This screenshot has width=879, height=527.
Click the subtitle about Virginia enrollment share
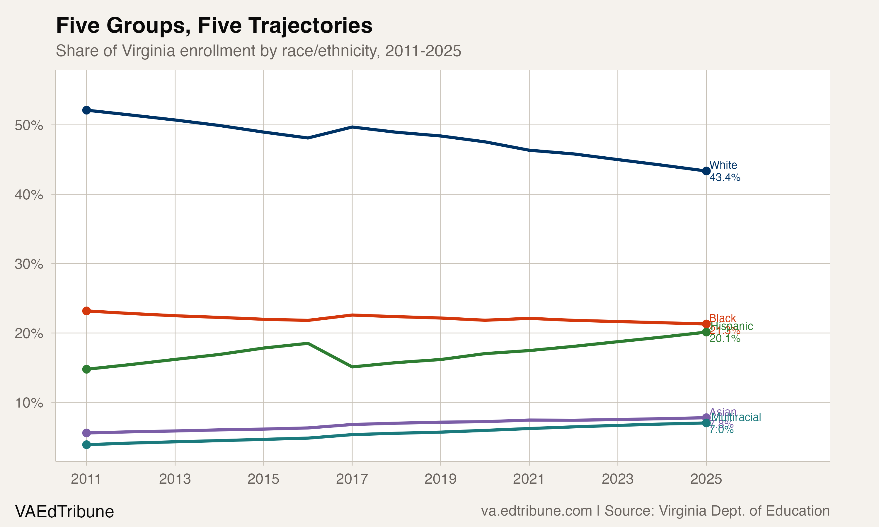(x=258, y=51)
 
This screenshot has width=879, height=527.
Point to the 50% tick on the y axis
(x=29, y=125)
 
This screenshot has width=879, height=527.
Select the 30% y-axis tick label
(x=29, y=264)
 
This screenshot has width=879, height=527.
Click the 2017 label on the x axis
(x=352, y=479)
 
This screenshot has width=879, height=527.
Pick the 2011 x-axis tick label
(x=86, y=479)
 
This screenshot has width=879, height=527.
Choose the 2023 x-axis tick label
(x=618, y=479)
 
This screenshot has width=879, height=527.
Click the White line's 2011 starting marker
(x=86, y=110)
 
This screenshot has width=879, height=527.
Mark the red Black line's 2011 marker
(x=86, y=311)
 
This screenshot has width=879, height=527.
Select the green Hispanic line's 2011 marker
(x=86, y=369)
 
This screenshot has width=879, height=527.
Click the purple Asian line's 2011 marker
(x=86, y=433)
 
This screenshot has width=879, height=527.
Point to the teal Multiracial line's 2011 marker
(x=86, y=445)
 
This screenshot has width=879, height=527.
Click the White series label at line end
(x=723, y=165)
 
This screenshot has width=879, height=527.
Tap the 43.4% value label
(x=725, y=177)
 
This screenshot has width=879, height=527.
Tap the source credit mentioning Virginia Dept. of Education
(x=655, y=511)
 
